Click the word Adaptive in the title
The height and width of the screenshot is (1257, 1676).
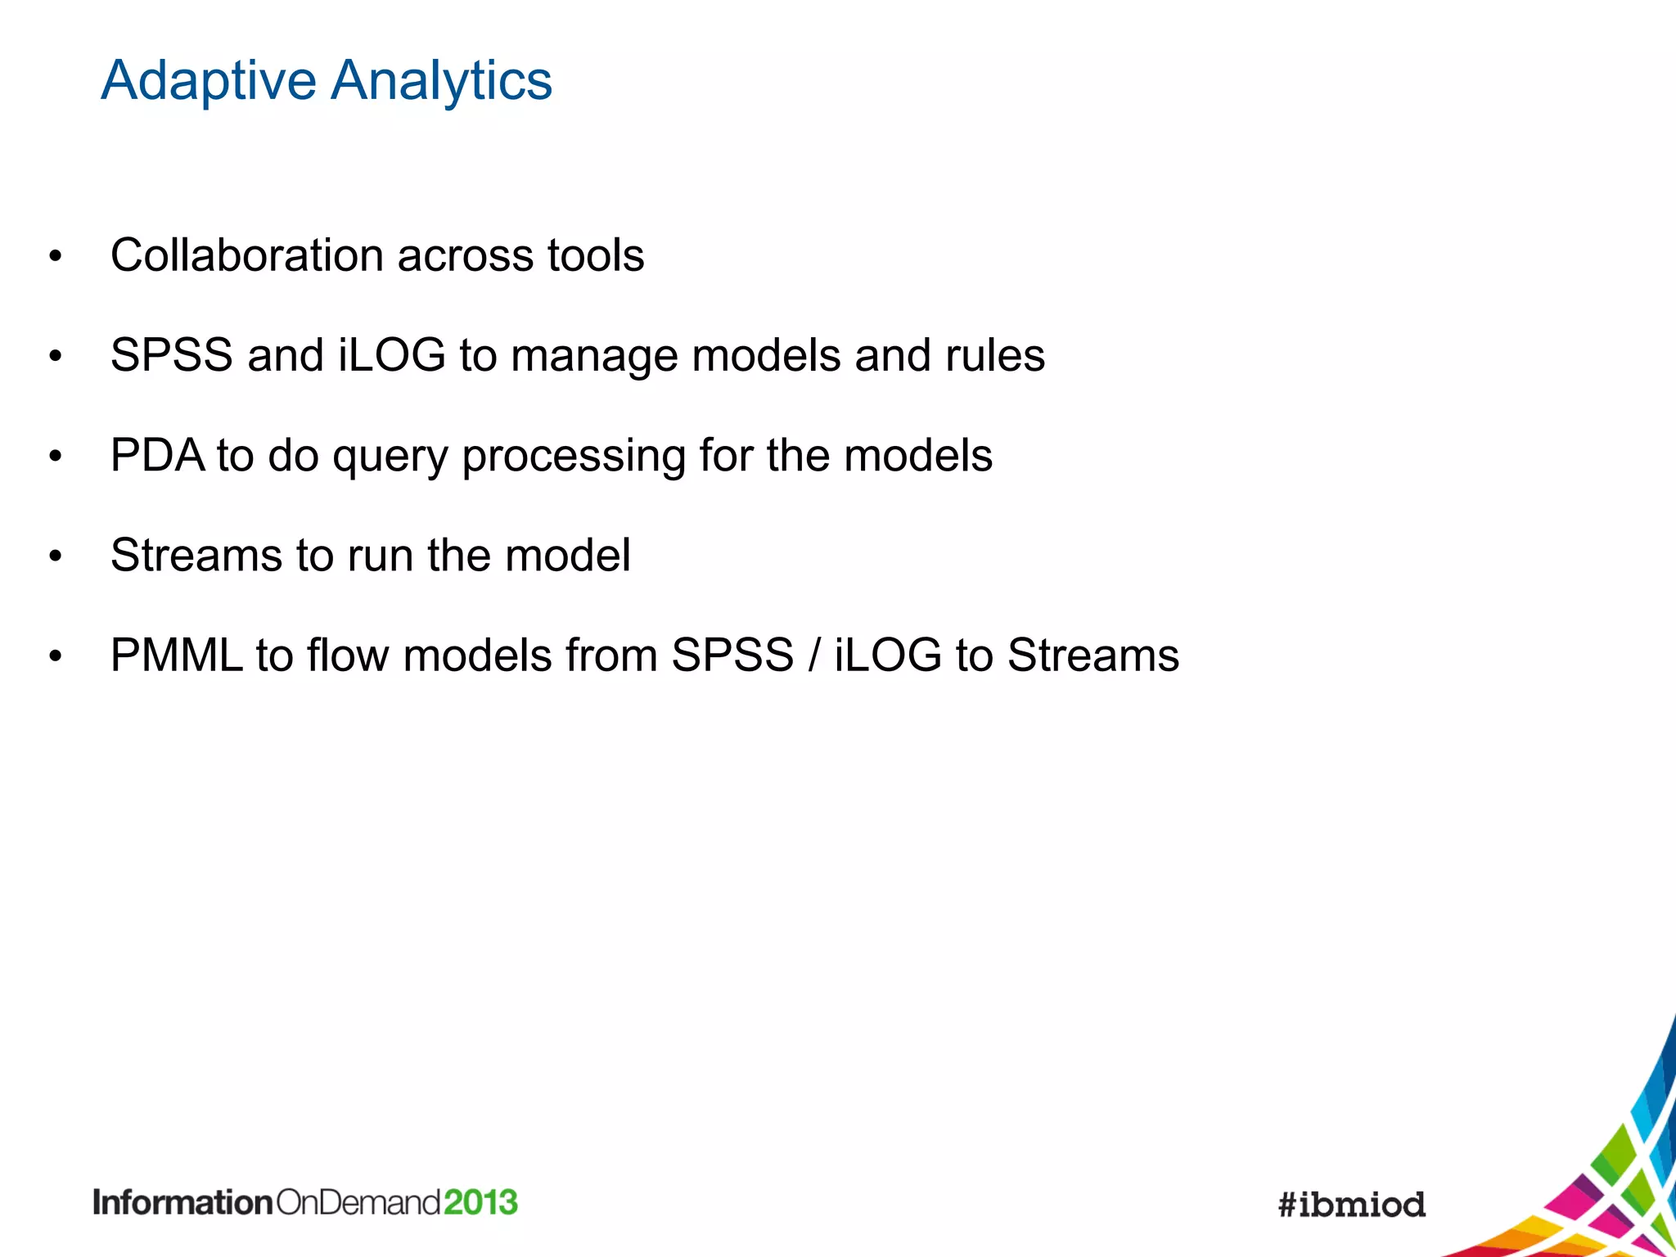[x=208, y=82]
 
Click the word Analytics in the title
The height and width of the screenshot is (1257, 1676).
[x=441, y=82]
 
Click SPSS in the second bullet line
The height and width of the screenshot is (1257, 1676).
[x=171, y=356]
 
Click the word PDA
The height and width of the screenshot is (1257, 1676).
[x=157, y=455]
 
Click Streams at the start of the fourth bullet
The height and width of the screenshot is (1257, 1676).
[x=196, y=556]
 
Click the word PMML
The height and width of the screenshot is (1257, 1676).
[x=176, y=656]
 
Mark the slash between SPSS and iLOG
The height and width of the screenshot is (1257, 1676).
[x=813, y=656]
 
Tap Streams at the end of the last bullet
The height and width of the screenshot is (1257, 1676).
[x=1093, y=656]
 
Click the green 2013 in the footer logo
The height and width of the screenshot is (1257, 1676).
[x=481, y=1203]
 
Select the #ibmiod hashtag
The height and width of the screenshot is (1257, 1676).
[x=1351, y=1205]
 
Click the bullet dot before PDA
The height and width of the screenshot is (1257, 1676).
[x=55, y=457]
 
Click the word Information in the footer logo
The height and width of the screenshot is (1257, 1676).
[x=182, y=1203]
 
